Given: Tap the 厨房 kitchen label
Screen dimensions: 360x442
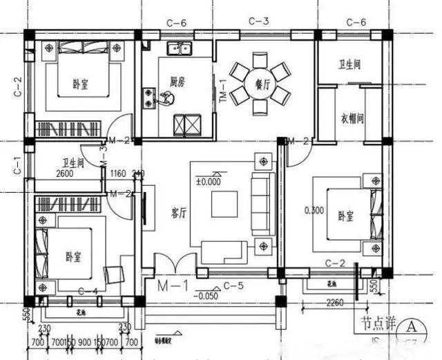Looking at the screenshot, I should tap(177, 81).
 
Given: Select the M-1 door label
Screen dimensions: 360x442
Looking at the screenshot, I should tap(171, 285).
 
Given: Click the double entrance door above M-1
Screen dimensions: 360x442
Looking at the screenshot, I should tap(171, 265).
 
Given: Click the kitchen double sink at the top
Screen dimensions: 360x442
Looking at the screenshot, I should tap(183, 48).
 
